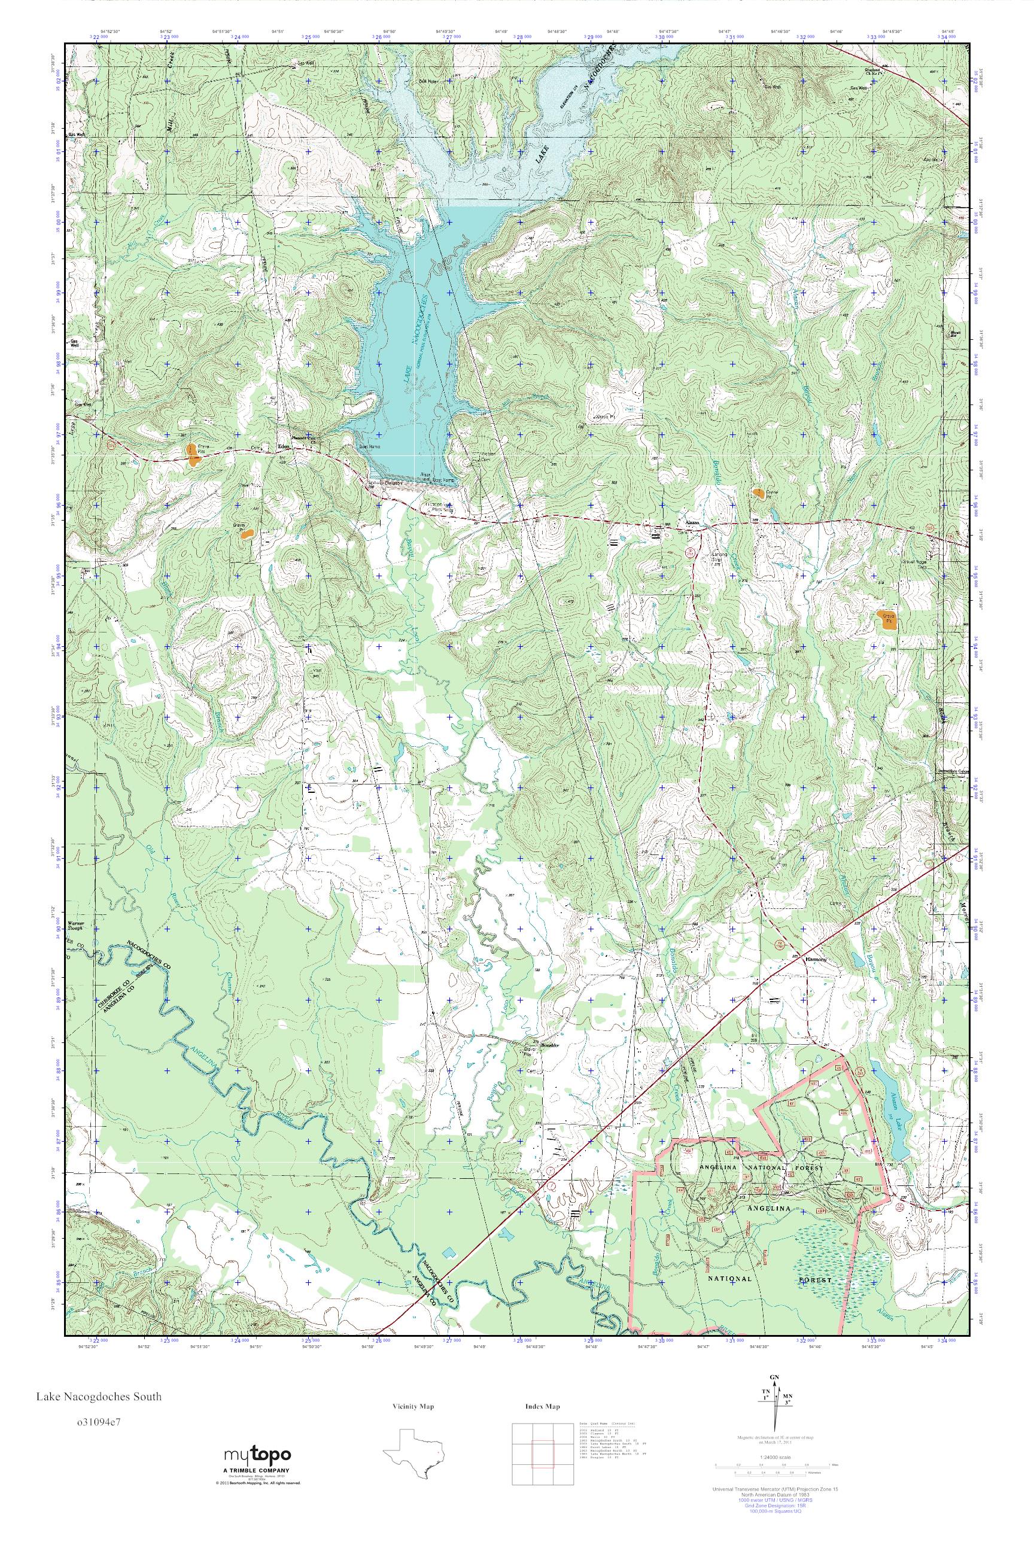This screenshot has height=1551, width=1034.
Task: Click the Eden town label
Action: coord(284,445)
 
